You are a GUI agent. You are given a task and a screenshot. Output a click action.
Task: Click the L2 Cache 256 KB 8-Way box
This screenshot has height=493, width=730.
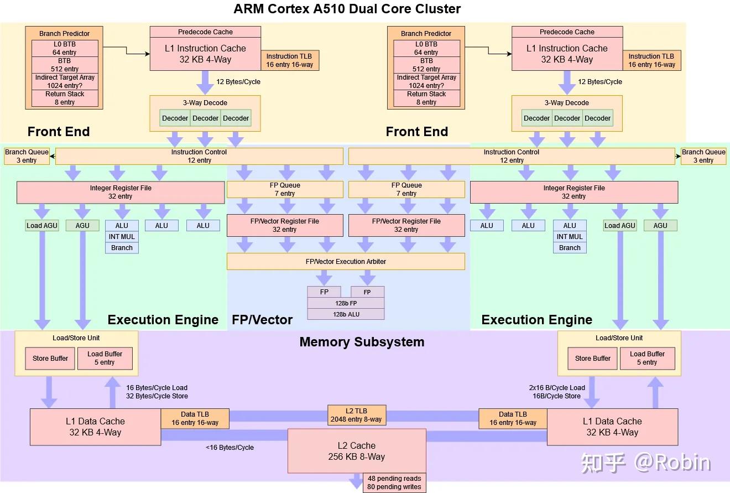[x=357, y=451]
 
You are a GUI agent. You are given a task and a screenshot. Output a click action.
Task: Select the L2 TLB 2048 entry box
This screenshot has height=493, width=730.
[x=356, y=415]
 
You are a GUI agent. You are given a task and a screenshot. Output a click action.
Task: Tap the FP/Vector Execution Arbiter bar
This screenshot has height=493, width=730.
[x=346, y=261]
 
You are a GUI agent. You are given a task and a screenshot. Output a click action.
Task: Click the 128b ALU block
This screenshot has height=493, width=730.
[x=346, y=314]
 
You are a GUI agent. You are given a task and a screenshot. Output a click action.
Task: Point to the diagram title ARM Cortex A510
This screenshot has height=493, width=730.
[x=347, y=9]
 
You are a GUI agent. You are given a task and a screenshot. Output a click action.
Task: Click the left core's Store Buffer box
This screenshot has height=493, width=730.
[x=50, y=358]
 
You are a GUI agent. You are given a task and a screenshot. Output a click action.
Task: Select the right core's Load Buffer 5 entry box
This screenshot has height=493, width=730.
[x=647, y=358]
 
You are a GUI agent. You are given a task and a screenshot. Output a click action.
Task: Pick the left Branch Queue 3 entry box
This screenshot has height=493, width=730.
[x=27, y=156]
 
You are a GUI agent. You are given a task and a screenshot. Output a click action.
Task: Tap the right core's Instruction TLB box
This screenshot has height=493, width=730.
[x=651, y=60]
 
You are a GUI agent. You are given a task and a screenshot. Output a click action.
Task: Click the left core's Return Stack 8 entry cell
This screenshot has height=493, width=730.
[x=65, y=98]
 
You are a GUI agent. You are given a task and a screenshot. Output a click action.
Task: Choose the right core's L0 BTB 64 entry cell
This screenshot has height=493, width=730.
[x=426, y=48]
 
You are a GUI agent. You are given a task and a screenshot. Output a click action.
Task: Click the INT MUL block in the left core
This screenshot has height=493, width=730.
[x=122, y=236]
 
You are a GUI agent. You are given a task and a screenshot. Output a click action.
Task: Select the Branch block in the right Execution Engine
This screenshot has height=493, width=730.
[x=570, y=247]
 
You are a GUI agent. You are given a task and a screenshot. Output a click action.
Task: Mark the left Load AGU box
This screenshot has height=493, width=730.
[x=42, y=225]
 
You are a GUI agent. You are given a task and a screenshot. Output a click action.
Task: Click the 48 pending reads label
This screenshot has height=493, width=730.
[x=394, y=478]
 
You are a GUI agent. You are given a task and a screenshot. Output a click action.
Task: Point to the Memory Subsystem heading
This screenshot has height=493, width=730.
[x=362, y=342]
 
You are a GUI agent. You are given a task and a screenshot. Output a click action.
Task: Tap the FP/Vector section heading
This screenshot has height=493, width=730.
[x=262, y=319]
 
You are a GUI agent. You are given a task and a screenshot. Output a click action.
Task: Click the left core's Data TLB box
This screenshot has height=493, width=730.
[x=195, y=418]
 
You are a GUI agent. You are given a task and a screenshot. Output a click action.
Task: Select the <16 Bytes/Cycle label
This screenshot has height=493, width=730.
[x=230, y=447]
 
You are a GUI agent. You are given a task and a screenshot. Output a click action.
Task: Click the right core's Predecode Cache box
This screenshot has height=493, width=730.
[x=567, y=32]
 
